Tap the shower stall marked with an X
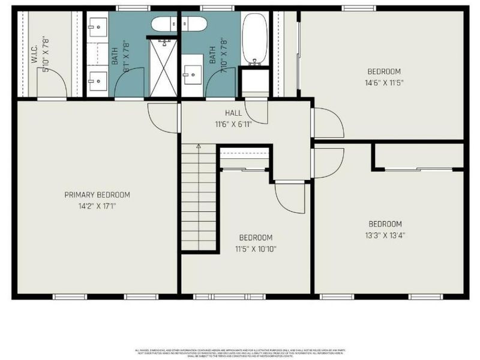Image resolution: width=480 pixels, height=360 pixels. click(x=164, y=66)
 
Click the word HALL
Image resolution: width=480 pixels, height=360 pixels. click(x=233, y=113)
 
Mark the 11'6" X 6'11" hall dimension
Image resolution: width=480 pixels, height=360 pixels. click(x=234, y=124)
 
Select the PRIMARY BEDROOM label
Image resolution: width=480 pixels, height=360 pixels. click(x=97, y=194)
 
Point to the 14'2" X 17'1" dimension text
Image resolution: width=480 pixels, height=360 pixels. click(x=97, y=206)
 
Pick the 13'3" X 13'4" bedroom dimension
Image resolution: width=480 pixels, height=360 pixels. click(x=385, y=235)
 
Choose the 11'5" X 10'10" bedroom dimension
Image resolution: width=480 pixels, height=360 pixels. click(x=256, y=248)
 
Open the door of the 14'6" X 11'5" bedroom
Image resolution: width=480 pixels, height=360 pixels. click(x=327, y=123)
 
